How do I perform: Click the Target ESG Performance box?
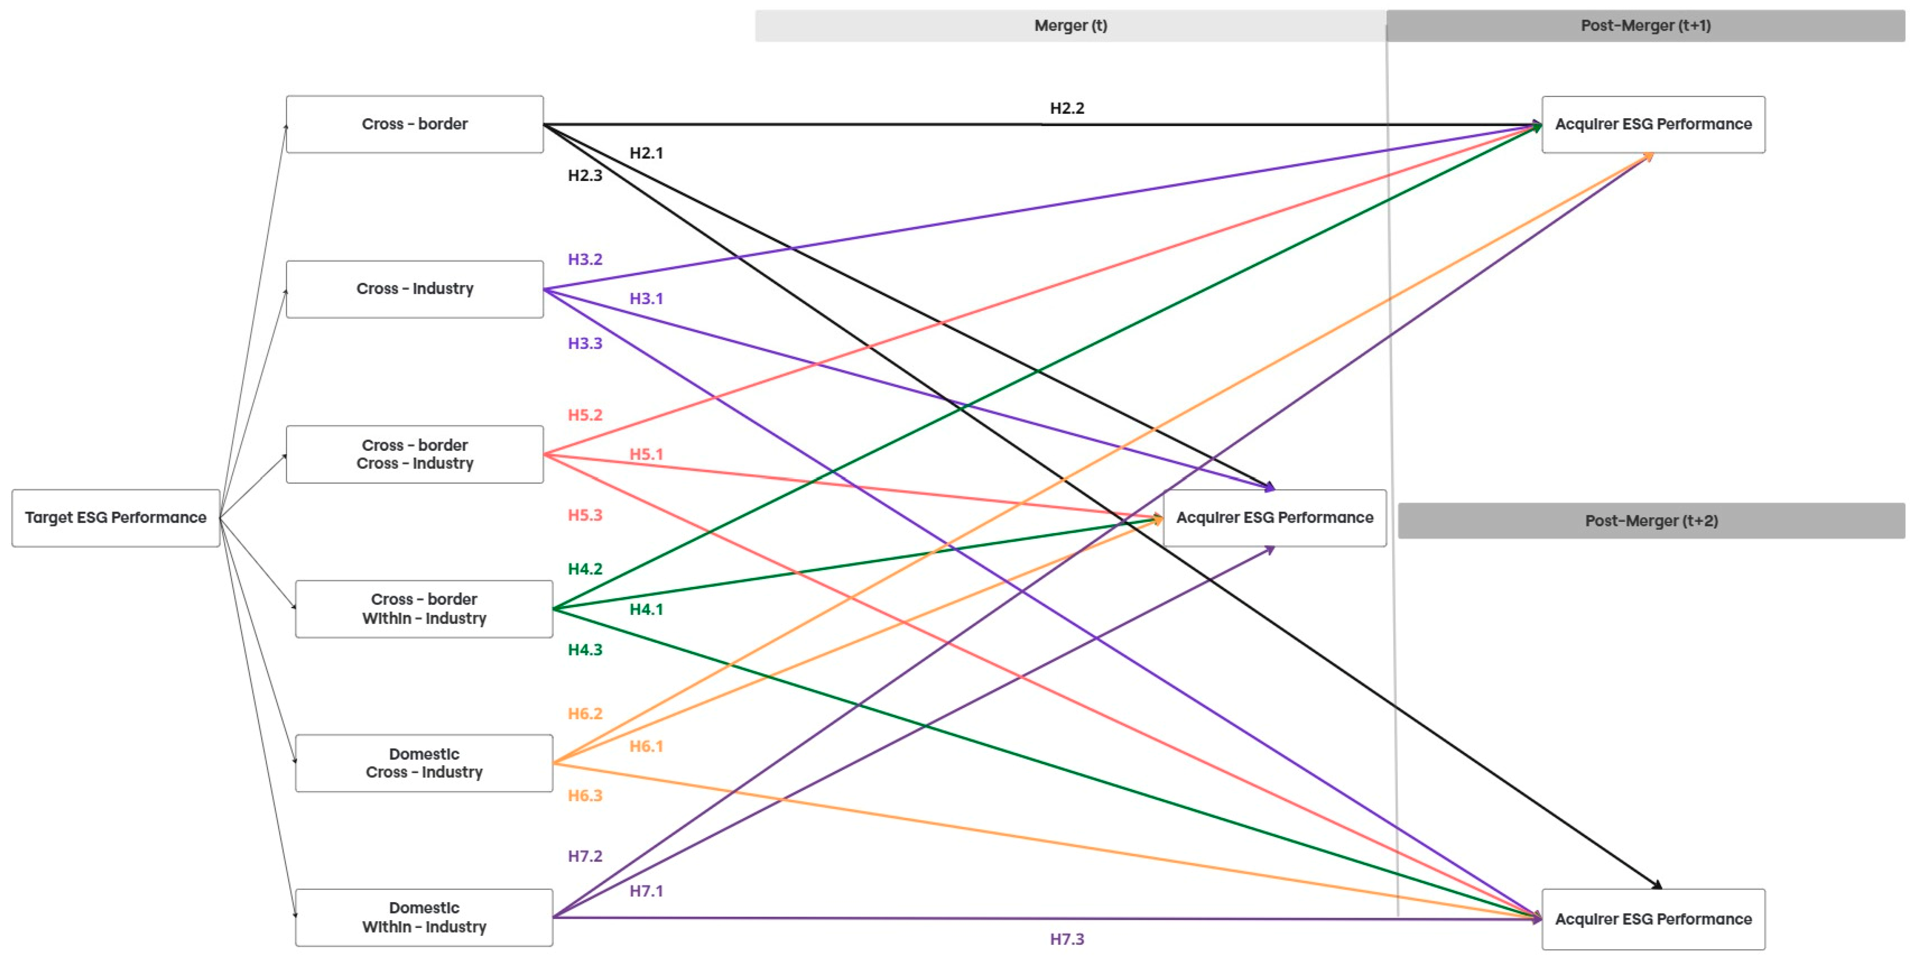pos(116,518)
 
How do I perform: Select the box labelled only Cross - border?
pos(415,124)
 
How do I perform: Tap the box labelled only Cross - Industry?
pos(415,289)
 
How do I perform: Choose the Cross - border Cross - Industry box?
pos(415,454)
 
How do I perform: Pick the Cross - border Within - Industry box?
pos(423,609)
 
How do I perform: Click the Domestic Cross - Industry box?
pos(423,763)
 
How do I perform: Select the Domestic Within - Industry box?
pos(423,918)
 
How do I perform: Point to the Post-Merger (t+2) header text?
pos(1651,521)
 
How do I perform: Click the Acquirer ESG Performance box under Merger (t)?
pos(1274,518)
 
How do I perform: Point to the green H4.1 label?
pos(646,609)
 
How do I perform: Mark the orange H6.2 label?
pos(585,713)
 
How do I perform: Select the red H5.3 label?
pos(585,515)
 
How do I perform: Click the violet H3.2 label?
pos(585,259)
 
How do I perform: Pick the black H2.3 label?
pos(585,175)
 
